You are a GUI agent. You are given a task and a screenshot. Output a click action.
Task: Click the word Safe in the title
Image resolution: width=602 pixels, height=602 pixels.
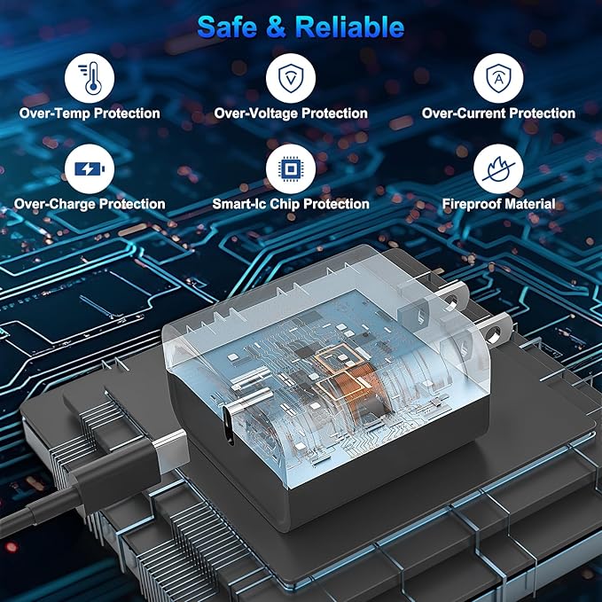click(x=227, y=27)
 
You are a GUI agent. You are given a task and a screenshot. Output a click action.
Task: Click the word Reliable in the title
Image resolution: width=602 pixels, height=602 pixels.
click(x=349, y=27)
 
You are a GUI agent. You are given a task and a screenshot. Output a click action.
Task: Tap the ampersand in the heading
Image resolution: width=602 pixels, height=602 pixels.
click(x=276, y=27)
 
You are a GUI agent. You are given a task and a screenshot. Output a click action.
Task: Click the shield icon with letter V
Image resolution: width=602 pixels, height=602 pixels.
click(x=291, y=78)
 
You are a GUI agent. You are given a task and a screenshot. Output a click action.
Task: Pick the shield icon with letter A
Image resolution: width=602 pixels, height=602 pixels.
click(x=498, y=78)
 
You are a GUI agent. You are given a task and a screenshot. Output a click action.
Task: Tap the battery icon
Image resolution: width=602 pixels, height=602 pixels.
click(x=90, y=169)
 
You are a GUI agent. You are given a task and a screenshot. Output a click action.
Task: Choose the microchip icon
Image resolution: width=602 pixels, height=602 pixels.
click(x=291, y=169)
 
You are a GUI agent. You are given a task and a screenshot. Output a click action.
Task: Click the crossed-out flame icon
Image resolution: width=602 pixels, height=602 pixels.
click(x=498, y=169)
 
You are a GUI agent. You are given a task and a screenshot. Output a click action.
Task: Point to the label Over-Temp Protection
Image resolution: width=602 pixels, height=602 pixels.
click(x=90, y=113)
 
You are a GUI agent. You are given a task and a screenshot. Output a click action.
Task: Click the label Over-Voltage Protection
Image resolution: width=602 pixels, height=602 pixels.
click(x=291, y=113)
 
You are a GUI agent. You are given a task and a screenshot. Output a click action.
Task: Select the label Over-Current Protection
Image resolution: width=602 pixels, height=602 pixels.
click(x=498, y=113)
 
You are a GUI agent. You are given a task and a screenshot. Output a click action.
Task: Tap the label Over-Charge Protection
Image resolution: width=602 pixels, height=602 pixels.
click(x=90, y=204)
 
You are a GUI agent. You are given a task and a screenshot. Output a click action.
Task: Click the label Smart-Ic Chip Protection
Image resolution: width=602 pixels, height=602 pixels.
click(x=291, y=204)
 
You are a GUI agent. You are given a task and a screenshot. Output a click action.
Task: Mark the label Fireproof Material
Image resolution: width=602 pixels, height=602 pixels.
click(x=498, y=204)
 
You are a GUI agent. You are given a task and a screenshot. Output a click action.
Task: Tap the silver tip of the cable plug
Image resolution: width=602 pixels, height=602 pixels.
click(x=171, y=451)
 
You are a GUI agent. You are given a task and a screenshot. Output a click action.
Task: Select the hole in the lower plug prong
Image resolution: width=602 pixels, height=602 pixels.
click(x=494, y=332)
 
